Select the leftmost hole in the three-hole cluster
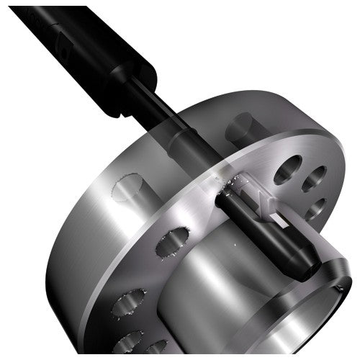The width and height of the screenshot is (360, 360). coord(286,170)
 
